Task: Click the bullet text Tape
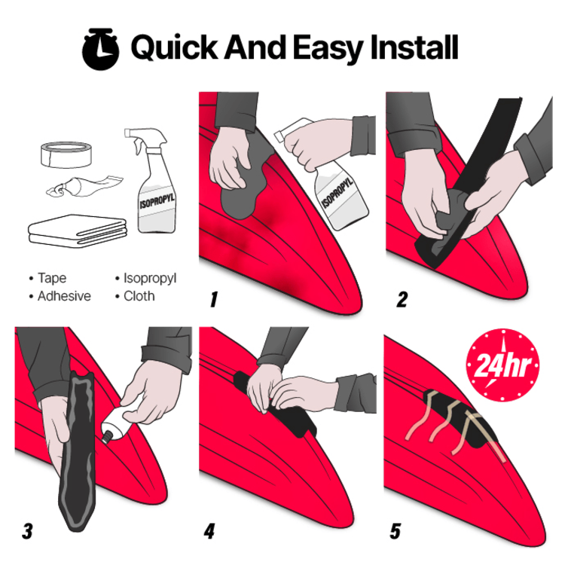point(52,279)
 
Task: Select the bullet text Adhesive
point(64,296)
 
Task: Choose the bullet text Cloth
point(139,296)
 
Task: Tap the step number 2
point(402,300)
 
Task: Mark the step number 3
point(27,530)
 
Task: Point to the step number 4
point(210,530)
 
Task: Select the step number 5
point(395,530)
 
